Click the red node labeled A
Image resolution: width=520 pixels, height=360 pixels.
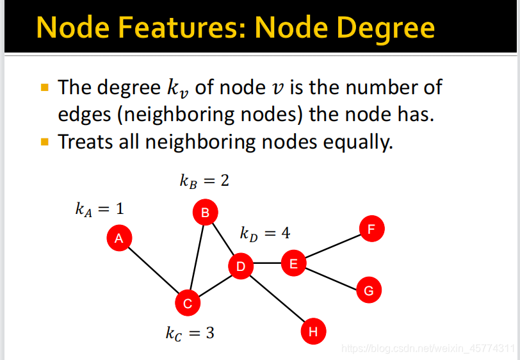point(119,238)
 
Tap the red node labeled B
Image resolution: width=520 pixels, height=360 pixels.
point(206,213)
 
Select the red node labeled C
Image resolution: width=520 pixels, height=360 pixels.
point(188,303)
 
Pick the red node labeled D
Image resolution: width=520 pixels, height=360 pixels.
point(241,266)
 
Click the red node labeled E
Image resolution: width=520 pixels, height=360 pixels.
point(293,263)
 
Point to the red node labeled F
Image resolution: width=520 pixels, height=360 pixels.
point(371,229)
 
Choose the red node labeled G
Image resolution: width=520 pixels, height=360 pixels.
point(368,290)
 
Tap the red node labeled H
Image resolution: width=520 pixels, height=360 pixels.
point(313,331)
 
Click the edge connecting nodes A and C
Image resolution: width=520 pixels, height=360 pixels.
point(154,271)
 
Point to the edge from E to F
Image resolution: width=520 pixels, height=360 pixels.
point(332,246)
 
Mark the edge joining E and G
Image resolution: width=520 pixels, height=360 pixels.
point(330,277)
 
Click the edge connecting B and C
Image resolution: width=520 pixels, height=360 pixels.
point(197,258)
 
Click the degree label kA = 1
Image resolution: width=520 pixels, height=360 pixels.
point(99,209)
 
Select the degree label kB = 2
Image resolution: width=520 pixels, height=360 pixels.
point(204,181)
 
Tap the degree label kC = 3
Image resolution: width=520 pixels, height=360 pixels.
point(190,333)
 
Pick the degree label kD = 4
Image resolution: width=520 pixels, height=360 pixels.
point(265,233)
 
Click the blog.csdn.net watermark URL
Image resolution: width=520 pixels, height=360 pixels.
point(428,349)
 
